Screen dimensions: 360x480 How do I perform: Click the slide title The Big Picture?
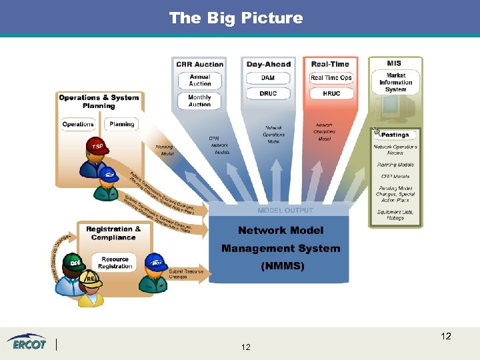[236, 18]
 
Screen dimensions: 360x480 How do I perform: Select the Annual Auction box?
[200, 80]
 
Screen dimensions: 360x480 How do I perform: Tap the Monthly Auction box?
[200, 101]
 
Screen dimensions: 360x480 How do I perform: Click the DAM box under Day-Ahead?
[268, 78]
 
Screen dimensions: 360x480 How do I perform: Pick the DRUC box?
[268, 93]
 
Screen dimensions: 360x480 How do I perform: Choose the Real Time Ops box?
[331, 78]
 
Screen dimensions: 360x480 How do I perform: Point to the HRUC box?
[331, 93]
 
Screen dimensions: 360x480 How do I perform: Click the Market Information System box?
[395, 83]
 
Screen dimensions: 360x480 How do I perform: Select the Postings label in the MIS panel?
[395, 135]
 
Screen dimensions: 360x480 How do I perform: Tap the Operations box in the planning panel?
[78, 124]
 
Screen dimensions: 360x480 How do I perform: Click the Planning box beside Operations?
[122, 124]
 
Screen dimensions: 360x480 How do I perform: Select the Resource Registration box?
[115, 263]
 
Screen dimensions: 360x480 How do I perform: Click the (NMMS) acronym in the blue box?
[281, 265]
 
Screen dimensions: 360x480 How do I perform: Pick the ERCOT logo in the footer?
[27, 343]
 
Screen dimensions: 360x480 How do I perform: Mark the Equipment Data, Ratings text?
[395, 215]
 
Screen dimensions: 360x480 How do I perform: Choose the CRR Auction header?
[200, 65]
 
